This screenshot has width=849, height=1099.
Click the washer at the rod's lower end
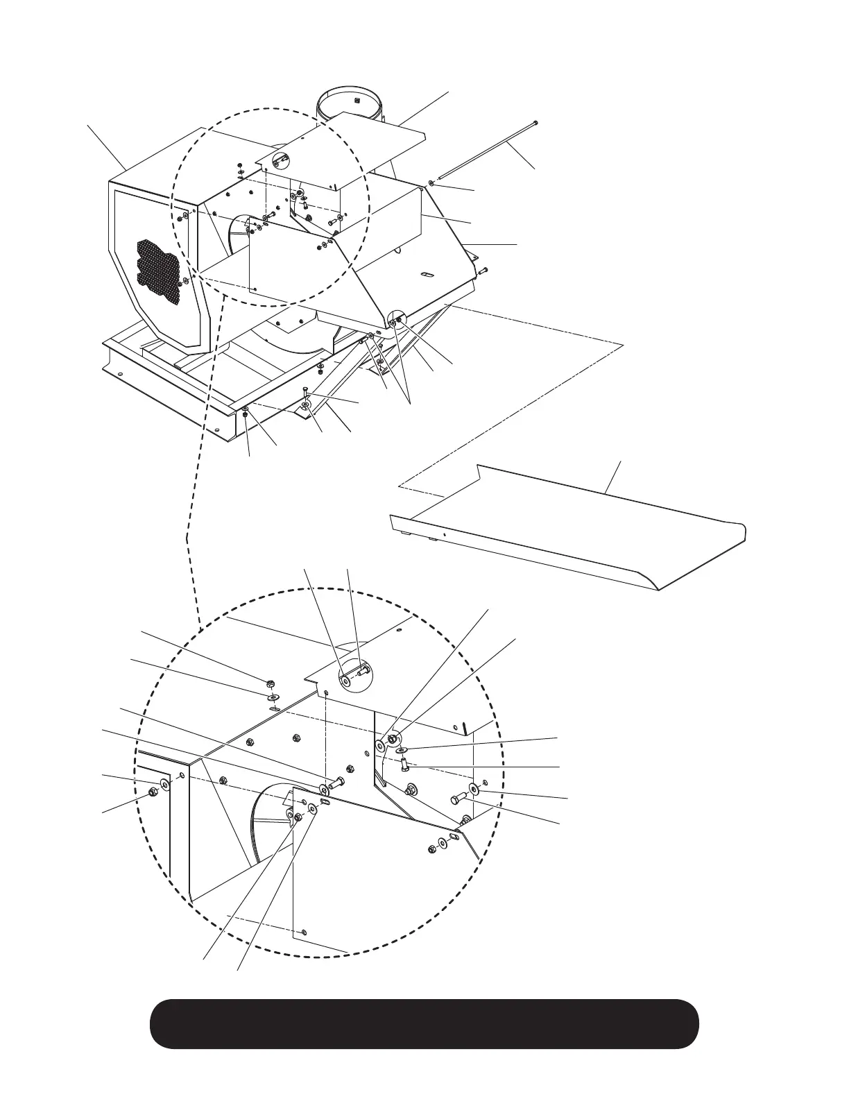(x=431, y=182)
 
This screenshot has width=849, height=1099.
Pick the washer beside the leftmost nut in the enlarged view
(x=165, y=785)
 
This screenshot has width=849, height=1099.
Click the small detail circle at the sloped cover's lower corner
(x=395, y=321)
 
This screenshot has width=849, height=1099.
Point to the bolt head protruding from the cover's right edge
(x=484, y=269)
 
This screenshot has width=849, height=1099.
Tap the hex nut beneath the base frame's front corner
(x=246, y=415)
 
